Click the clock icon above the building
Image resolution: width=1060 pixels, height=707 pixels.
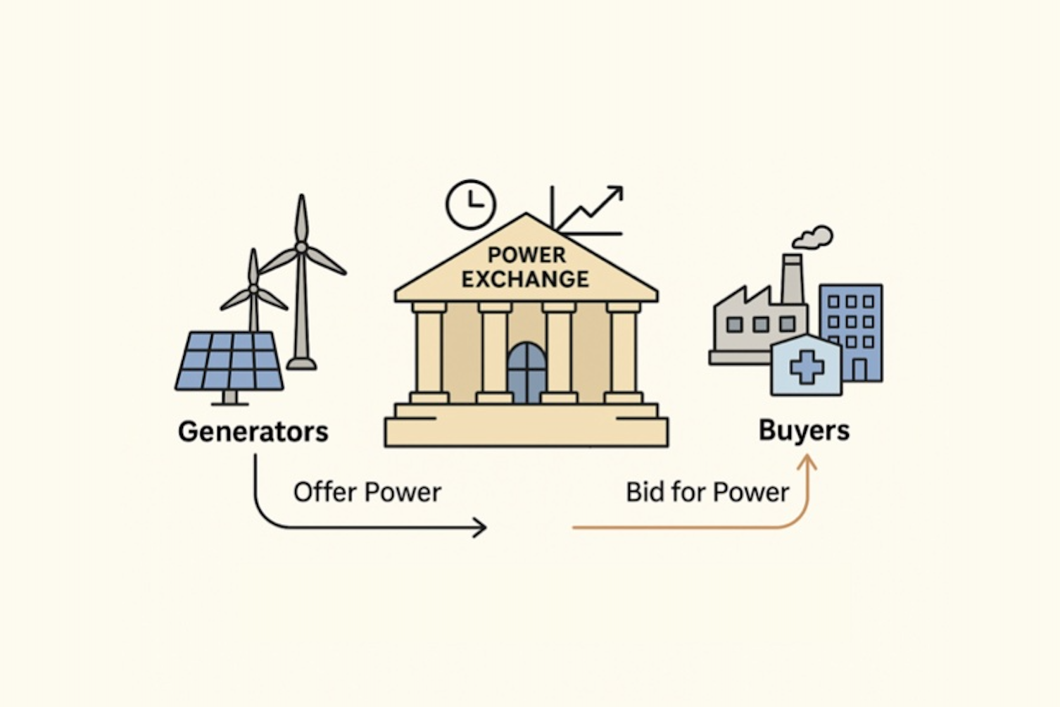(471, 204)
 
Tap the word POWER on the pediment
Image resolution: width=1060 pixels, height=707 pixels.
(526, 255)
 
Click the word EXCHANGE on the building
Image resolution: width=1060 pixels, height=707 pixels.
(525, 280)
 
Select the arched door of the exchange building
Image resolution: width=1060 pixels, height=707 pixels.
(526, 373)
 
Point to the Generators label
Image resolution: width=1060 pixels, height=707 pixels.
(253, 431)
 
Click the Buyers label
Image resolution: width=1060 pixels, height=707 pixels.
(804, 430)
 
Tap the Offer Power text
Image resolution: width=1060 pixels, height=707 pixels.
(367, 492)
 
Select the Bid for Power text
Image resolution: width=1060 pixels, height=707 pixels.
(707, 492)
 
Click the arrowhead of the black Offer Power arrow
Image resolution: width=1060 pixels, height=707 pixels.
(481, 527)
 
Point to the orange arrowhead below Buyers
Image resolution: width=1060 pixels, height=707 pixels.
(807, 463)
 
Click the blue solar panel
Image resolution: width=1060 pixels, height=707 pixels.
(229, 361)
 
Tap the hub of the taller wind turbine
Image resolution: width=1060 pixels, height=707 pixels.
(301, 247)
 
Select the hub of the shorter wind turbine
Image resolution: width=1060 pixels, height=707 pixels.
(253, 289)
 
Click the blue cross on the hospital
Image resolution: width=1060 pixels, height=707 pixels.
(807, 368)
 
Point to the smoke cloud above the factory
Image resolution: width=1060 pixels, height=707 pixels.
(814, 237)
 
